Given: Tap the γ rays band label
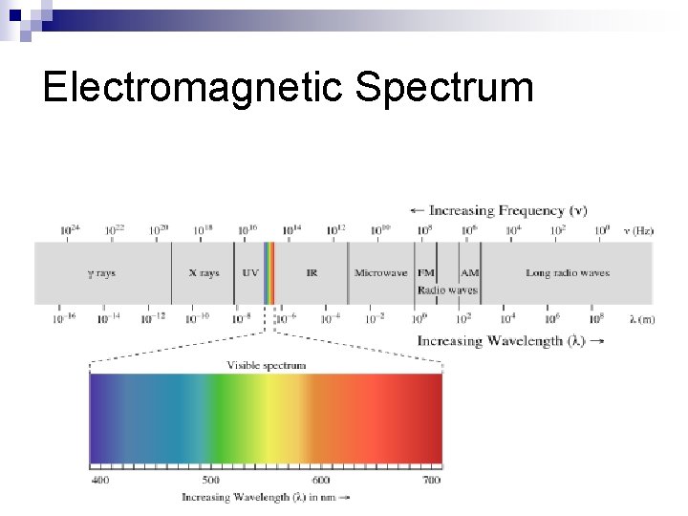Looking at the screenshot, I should tap(101, 273).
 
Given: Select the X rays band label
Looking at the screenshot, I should tap(204, 273).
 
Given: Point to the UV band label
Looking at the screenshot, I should tap(249, 273).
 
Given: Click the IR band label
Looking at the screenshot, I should tap(312, 273).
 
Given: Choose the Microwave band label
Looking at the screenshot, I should tap(380, 273).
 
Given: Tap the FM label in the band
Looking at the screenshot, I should tap(426, 273).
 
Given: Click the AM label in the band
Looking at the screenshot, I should tap(470, 273).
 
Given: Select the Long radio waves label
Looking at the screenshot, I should tap(567, 273).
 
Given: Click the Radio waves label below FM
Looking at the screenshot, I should tap(447, 290).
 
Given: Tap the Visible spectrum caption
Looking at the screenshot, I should tap(267, 365).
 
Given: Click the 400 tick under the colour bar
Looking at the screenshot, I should tap(100, 480).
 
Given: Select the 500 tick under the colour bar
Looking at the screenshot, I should tap(210, 480).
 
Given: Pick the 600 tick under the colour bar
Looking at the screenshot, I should tap(321, 480).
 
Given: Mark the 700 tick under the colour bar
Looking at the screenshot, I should tap(431, 480).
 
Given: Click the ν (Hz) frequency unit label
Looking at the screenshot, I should tap(638, 230).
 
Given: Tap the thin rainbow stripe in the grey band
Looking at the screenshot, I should tap(269, 273).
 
